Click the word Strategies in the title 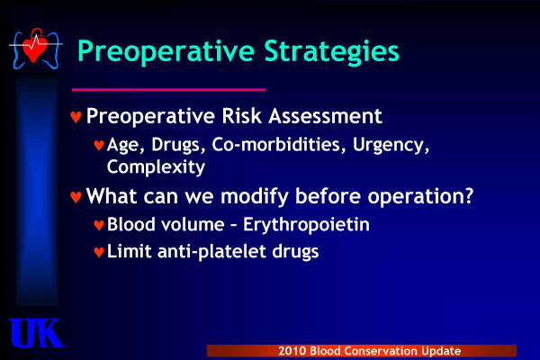coord(331,51)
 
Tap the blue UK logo coord(36,333)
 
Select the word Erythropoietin coord(306,225)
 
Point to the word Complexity coord(156,167)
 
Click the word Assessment coord(325,116)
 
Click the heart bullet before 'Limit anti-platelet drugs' coord(99,252)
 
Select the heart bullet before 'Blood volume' coord(99,225)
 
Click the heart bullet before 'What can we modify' coord(76,197)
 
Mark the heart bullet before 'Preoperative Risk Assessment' coord(76,116)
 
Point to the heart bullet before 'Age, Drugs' coord(99,145)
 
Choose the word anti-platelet coord(212,252)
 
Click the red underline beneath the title coord(168,90)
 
